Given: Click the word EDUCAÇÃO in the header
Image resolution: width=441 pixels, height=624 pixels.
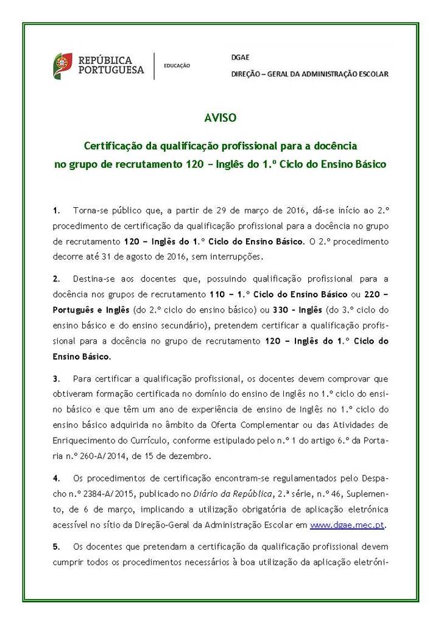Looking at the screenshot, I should pyautogui.click(x=177, y=66).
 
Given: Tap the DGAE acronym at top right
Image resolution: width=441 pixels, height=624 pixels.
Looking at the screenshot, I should pyautogui.click(x=239, y=55).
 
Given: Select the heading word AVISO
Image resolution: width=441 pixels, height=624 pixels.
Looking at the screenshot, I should pyautogui.click(x=220, y=117).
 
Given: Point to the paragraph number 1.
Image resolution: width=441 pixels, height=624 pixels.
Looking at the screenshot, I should pyautogui.click(x=55, y=210).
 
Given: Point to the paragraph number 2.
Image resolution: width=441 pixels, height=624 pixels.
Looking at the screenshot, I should pyautogui.click(x=55, y=279).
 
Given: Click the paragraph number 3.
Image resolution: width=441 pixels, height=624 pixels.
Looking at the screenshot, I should pyautogui.click(x=55, y=378).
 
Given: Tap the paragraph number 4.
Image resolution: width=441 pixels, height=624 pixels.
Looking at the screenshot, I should pyautogui.click(x=55, y=478).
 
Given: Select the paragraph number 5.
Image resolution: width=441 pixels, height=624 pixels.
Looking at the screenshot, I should pyautogui.click(x=55, y=546).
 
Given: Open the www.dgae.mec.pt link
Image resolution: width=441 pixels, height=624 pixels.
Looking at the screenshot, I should pyautogui.click(x=348, y=524).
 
